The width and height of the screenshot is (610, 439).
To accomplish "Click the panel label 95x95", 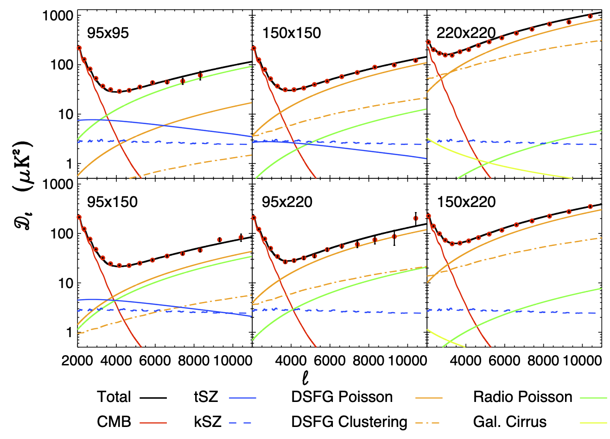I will pyautogui.click(x=108, y=33).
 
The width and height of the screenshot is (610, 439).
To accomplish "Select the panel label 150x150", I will pyautogui.click(x=292, y=33).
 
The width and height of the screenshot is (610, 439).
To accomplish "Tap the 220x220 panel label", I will pyautogui.click(x=466, y=33).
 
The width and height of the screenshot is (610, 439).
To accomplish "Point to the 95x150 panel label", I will pyautogui.click(x=112, y=202).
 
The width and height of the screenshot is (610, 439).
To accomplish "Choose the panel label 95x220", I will pyautogui.click(x=287, y=202).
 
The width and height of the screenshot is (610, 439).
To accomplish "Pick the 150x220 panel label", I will pyautogui.click(x=466, y=202).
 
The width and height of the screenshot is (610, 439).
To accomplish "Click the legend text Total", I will pyautogui.click(x=114, y=397).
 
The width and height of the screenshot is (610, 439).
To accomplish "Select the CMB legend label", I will pyautogui.click(x=114, y=422).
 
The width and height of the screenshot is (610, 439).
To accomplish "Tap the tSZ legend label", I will pyautogui.click(x=206, y=397).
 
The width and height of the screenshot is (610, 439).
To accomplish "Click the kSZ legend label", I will pyautogui.click(x=207, y=422).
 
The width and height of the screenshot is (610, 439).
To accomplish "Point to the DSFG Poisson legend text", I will pyautogui.click(x=342, y=397).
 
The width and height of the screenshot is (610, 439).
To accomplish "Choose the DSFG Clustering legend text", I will pyautogui.click(x=349, y=422).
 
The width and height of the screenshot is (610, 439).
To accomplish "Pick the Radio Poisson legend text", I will pyautogui.click(x=522, y=397).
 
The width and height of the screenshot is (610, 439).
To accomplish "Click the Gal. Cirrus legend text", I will pyautogui.click(x=509, y=422).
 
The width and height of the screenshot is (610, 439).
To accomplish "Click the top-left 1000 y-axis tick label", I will pyautogui.click(x=57, y=16).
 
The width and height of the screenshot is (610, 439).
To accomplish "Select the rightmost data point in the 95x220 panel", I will pyautogui.click(x=416, y=218).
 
